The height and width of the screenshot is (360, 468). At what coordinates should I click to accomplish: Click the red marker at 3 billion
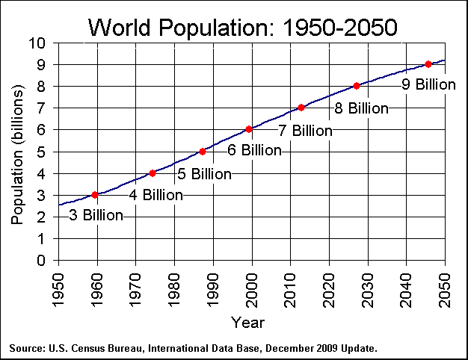pyautogui.click(x=95, y=195)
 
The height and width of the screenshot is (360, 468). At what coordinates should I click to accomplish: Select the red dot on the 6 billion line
pyautogui.click(x=249, y=129)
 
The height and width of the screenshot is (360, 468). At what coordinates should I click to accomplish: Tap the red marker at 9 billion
pyautogui.click(x=428, y=64)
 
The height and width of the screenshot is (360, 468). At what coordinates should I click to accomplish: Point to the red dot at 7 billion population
pyautogui.click(x=301, y=108)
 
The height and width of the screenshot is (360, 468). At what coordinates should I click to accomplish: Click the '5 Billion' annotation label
pyautogui.click(x=204, y=174)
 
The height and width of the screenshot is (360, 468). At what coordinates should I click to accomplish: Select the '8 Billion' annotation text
pyautogui.click(x=361, y=108)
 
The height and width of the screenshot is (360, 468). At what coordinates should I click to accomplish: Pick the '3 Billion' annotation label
pyautogui.click(x=96, y=215)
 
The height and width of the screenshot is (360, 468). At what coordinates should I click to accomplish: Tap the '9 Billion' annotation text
pyautogui.click(x=428, y=84)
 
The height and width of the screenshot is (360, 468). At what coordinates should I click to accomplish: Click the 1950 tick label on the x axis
pyautogui.click(x=58, y=291)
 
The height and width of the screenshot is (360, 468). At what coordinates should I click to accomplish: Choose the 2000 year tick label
pyautogui.click(x=252, y=291)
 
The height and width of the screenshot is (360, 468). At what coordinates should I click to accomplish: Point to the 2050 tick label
pyautogui.click(x=445, y=291)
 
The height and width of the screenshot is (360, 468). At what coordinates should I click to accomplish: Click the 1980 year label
pyautogui.click(x=174, y=291)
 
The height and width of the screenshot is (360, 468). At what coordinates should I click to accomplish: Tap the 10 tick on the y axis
pyautogui.click(x=37, y=43)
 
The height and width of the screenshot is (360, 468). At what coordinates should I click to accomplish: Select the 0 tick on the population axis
pyautogui.click(x=41, y=261)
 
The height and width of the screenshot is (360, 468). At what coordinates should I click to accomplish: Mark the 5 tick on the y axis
pyautogui.click(x=41, y=152)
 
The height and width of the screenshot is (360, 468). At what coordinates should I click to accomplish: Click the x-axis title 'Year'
pyautogui.click(x=247, y=323)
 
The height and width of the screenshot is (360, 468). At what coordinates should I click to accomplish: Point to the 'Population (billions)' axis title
pyautogui.click(x=17, y=155)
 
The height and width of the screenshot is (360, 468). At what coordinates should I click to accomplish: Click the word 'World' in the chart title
pyautogui.click(x=119, y=27)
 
